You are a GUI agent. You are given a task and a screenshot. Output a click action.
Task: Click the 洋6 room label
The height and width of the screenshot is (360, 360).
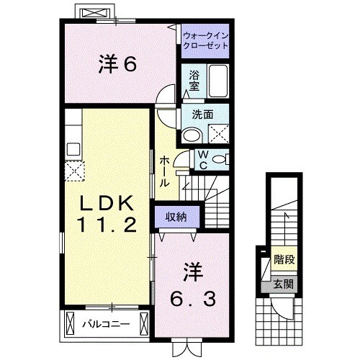click(x=117, y=65)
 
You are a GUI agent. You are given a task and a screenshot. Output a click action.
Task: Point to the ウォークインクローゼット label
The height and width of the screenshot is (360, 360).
click(x=205, y=38)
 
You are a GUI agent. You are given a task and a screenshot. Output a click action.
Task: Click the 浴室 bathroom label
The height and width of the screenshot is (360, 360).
click(x=194, y=80)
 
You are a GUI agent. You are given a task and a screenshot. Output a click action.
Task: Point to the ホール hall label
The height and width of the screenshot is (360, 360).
click(x=165, y=171)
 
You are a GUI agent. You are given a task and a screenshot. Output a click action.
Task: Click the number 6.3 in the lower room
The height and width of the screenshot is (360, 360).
click(x=193, y=295)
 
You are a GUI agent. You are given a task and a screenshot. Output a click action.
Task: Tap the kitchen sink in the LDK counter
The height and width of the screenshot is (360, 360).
click(x=73, y=148)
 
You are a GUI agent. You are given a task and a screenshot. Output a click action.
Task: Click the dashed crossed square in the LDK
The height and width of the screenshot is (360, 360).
click(x=74, y=170)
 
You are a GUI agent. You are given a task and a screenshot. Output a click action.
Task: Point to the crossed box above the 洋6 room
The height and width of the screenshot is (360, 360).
click(x=94, y=14)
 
